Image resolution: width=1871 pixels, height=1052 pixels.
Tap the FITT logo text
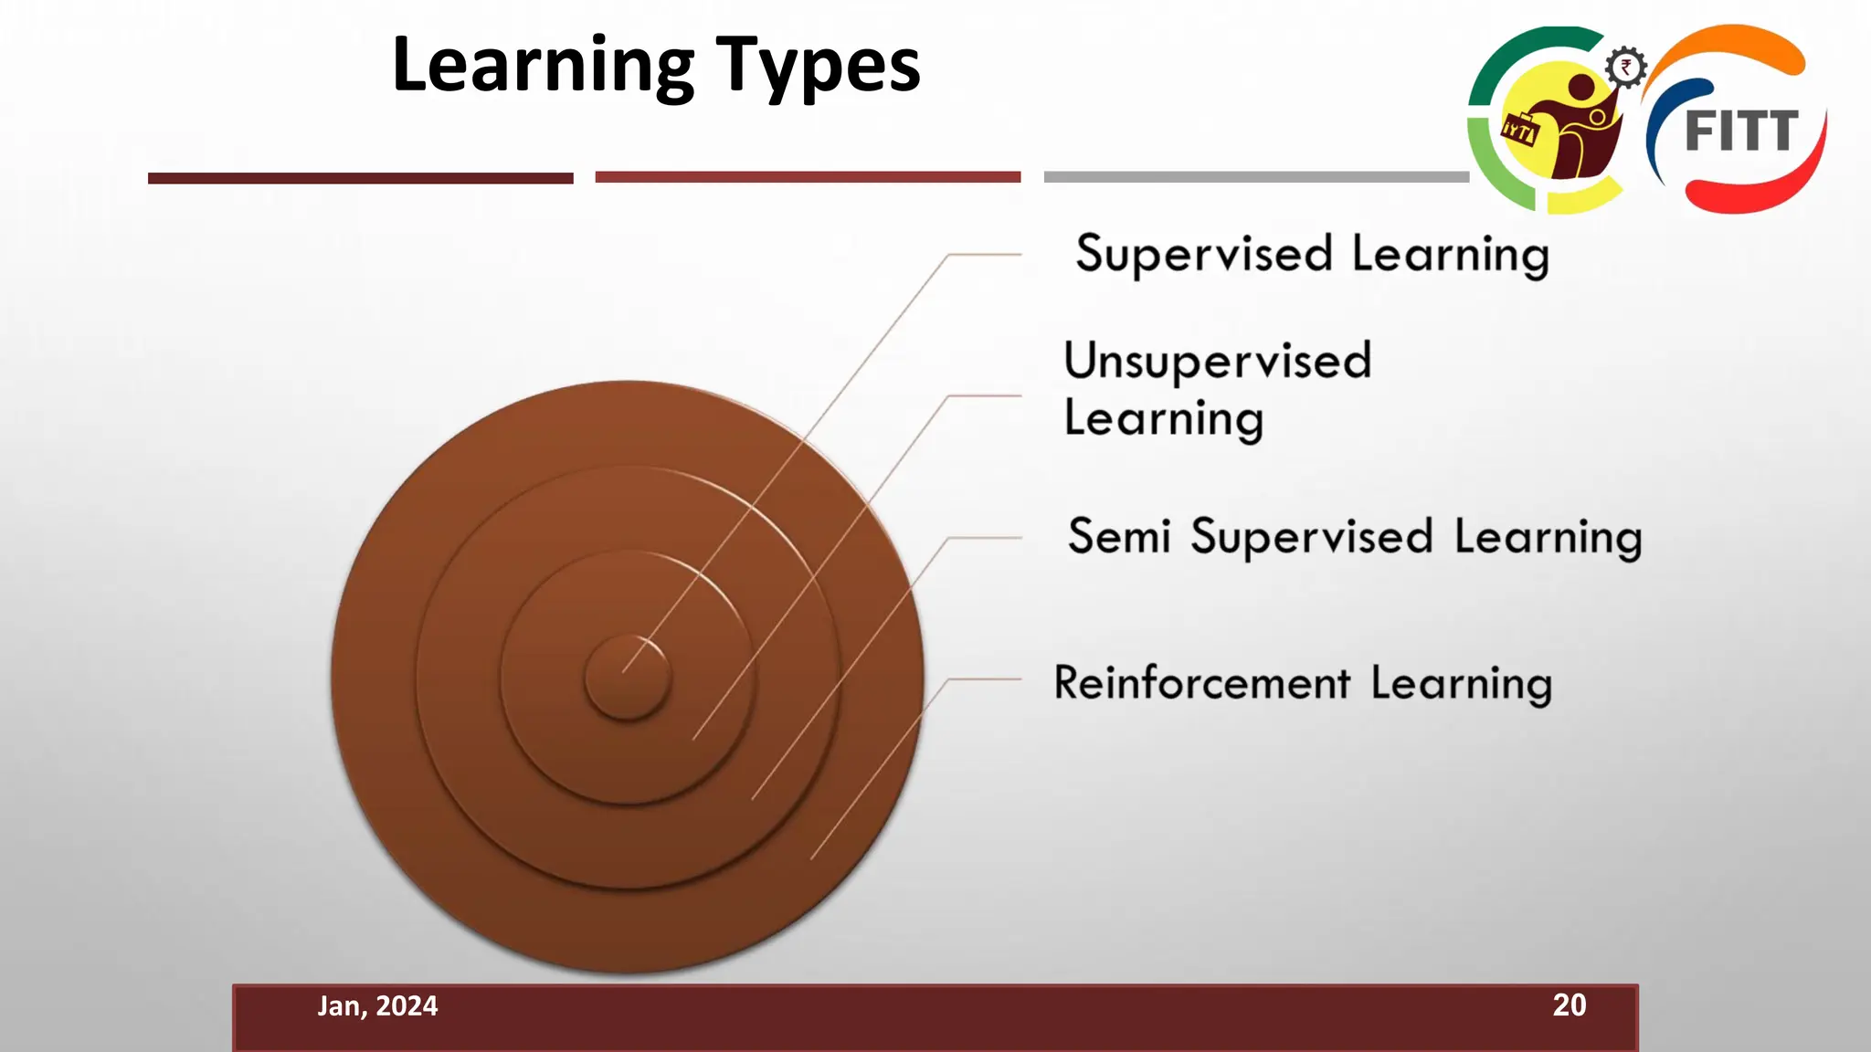pyautogui.click(x=1741, y=131)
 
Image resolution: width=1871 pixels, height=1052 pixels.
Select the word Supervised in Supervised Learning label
pyautogui.click(x=1203, y=254)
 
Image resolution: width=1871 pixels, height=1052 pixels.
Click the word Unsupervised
pyautogui.click(x=1217, y=361)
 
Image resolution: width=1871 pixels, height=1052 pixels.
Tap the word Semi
pyautogui.click(x=1118, y=536)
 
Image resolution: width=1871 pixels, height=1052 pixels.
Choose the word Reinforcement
pyautogui.click(x=1201, y=683)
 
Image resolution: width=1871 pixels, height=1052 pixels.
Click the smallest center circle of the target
pyautogui.click(x=628, y=678)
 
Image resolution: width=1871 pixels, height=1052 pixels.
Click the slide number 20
pyautogui.click(x=1569, y=1005)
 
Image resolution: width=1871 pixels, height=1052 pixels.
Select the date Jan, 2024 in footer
pyautogui.click(x=377, y=1006)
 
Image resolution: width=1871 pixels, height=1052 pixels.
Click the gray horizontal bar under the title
pyautogui.click(x=1256, y=177)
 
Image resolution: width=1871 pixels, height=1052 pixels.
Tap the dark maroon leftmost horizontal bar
pyautogui.click(x=360, y=178)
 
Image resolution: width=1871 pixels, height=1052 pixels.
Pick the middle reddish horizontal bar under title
pyautogui.click(x=808, y=177)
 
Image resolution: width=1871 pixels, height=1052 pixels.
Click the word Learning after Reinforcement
pyautogui.click(x=1461, y=684)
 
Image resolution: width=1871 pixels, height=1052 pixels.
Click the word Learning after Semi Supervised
pyautogui.click(x=1548, y=537)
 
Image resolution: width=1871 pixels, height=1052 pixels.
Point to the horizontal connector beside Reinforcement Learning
pyautogui.click(x=984, y=679)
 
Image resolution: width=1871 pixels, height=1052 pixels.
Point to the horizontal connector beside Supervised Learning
pyautogui.click(x=984, y=255)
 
